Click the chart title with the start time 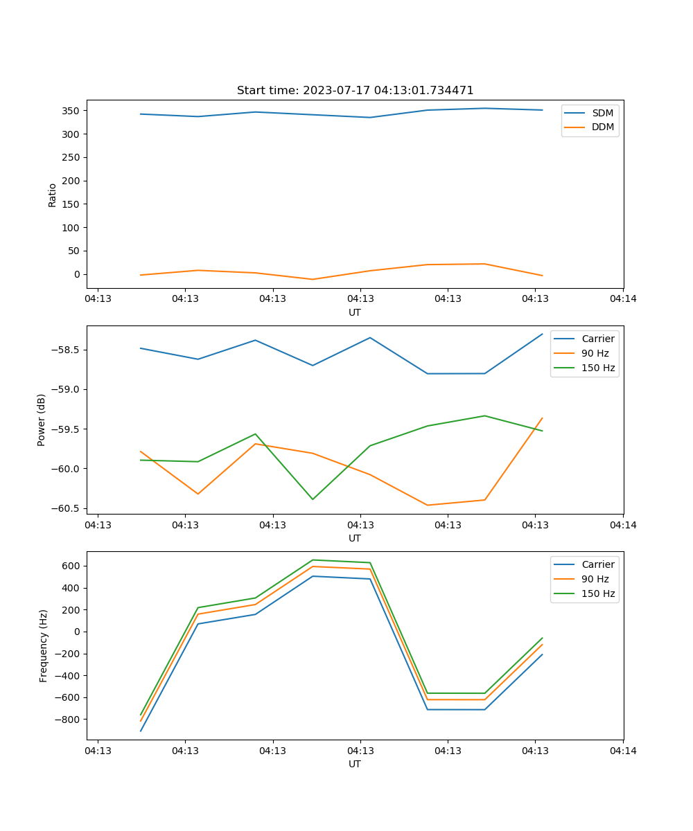[x=355, y=91]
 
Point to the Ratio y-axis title [x=53, y=195]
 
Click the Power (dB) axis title [x=42, y=420]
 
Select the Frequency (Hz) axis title [x=44, y=645]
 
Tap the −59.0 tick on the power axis [x=67, y=389]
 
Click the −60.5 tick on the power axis [x=67, y=508]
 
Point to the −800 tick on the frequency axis [x=69, y=720]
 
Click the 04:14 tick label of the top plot [x=622, y=299]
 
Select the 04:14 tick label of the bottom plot [x=622, y=751]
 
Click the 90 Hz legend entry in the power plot [x=595, y=353]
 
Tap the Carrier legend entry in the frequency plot [x=598, y=564]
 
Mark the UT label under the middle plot [x=355, y=538]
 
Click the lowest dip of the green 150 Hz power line [x=313, y=499]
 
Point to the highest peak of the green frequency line [x=313, y=560]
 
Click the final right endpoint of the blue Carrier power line [x=543, y=334]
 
